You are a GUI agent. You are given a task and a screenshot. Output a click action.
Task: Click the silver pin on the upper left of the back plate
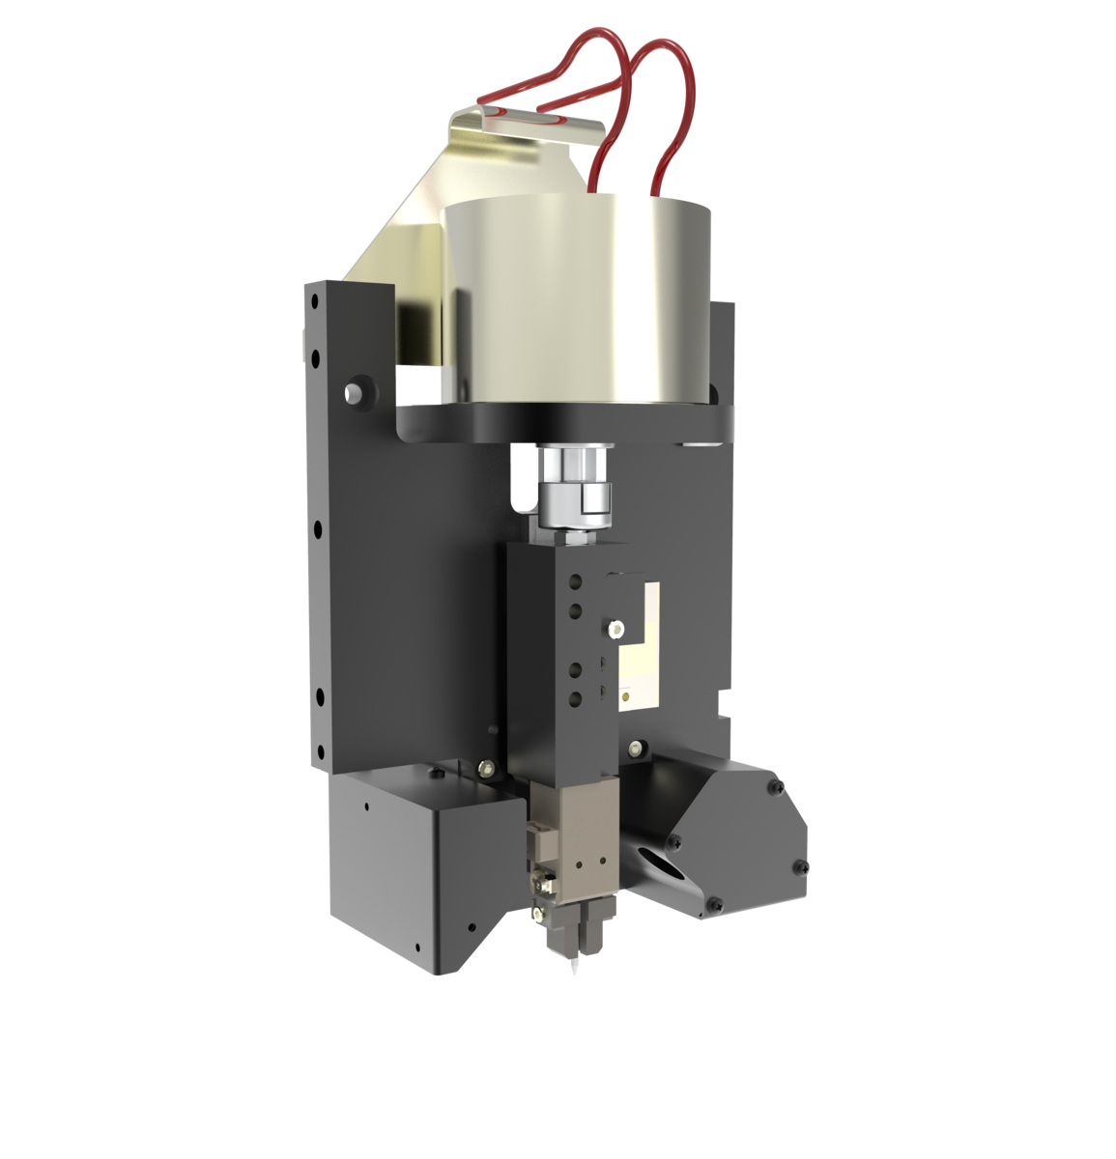[x=354, y=392]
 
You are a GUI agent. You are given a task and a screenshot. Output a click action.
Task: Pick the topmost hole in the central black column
[x=575, y=581]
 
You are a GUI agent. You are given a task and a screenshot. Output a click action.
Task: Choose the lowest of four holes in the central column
[x=575, y=698]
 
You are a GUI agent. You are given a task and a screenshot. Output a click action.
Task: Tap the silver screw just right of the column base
[x=635, y=747]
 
